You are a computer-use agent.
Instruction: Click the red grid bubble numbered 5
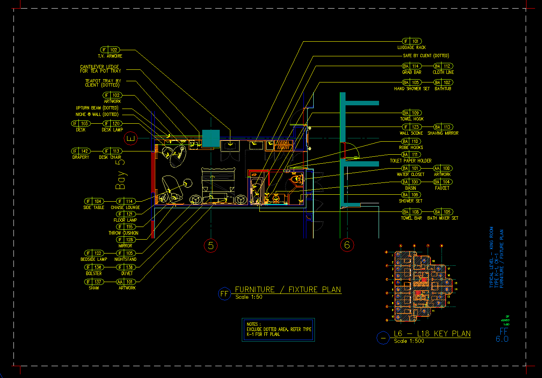[x=211, y=245]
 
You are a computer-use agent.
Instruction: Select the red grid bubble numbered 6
[x=347, y=245]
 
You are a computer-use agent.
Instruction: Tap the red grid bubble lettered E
[x=131, y=138]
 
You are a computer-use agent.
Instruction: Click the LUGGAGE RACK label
[x=411, y=48]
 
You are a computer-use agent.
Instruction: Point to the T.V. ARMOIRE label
[x=110, y=56]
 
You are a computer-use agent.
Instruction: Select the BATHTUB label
[x=443, y=89]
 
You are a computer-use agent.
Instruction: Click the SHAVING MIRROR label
[x=443, y=133]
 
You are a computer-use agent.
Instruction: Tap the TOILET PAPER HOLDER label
[x=410, y=161]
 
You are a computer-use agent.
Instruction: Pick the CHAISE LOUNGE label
[x=125, y=207]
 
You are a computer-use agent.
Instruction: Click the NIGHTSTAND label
[x=125, y=259]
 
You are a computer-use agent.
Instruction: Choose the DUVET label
[x=127, y=273]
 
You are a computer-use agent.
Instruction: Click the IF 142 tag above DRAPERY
[x=80, y=151]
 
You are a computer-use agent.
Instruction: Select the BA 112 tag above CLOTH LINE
[x=443, y=66]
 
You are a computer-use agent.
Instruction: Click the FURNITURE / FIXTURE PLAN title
[x=288, y=289]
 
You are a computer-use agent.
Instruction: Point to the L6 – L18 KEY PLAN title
[x=432, y=334]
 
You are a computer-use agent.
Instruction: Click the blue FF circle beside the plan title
[x=225, y=294]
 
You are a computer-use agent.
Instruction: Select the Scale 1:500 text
[x=409, y=341]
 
